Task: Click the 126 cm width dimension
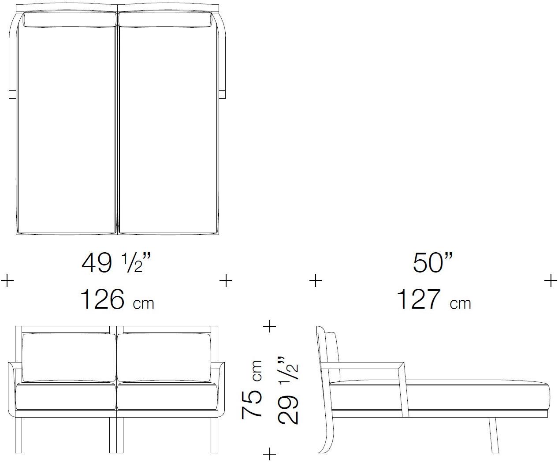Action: [x=117, y=300]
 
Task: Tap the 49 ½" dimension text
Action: [x=116, y=263]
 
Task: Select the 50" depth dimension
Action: [x=433, y=263]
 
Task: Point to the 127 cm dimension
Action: [x=433, y=300]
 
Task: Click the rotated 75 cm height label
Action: [x=252, y=389]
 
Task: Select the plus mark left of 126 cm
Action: [x=7, y=281]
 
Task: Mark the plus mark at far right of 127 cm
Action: [x=551, y=281]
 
